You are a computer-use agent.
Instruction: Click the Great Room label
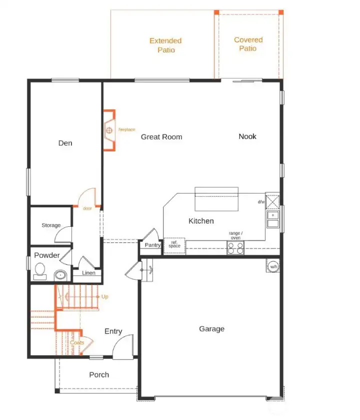tap(161, 137)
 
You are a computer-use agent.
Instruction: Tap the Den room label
tap(65, 143)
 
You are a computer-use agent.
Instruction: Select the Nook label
tap(247, 136)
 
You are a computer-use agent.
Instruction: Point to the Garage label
tap(211, 329)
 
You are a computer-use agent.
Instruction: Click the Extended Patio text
tap(165, 45)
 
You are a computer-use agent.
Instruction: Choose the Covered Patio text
tap(248, 44)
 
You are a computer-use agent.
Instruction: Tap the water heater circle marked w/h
tap(273, 267)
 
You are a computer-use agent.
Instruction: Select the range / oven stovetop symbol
tap(235, 248)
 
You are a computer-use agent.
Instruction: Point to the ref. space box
tap(174, 245)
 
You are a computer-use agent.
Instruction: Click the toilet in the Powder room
tap(39, 272)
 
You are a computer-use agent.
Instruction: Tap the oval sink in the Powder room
tap(60, 275)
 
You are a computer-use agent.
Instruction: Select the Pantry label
tap(152, 245)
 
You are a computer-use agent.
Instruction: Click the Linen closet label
tap(88, 273)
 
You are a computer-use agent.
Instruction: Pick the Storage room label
tap(51, 225)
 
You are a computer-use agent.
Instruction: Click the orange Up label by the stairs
tap(104, 297)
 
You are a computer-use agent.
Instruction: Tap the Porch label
tap(99, 375)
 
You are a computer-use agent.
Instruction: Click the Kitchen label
tap(201, 221)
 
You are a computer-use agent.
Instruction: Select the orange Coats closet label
tap(77, 343)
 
